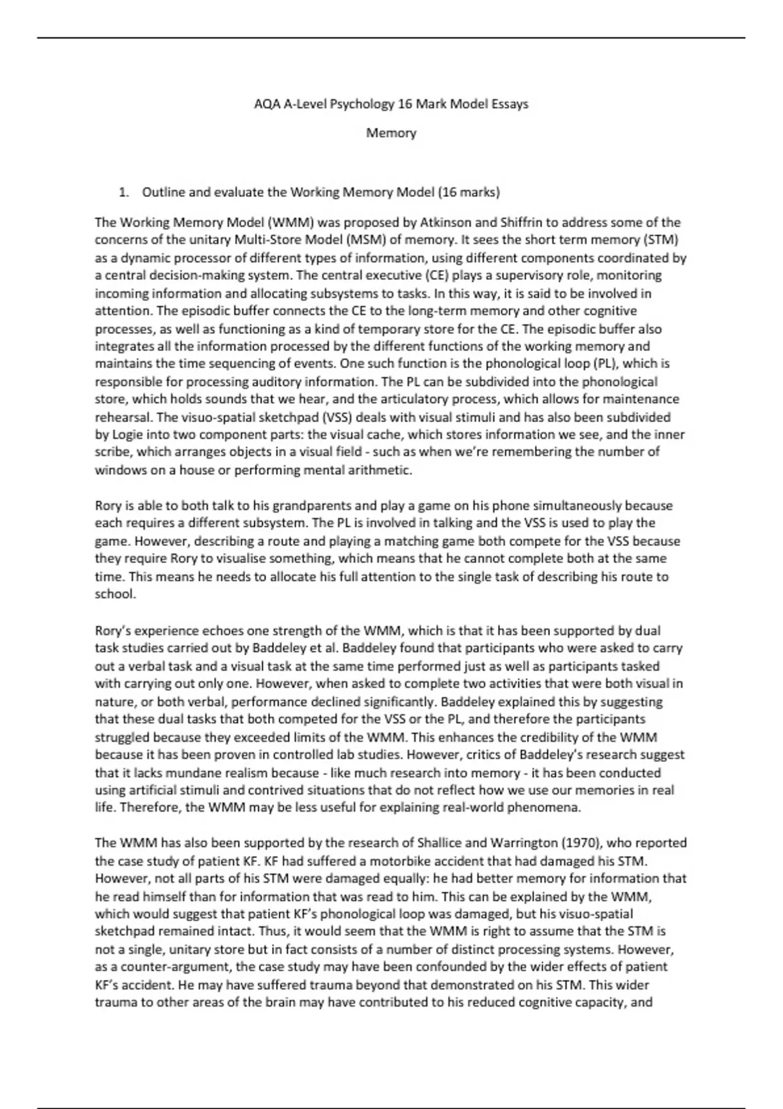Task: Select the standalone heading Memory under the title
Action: coord(391,133)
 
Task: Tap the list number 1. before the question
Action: coord(123,192)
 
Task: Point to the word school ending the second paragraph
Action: coord(114,594)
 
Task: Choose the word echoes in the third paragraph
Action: coord(228,631)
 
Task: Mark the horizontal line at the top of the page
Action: coord(391,38)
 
